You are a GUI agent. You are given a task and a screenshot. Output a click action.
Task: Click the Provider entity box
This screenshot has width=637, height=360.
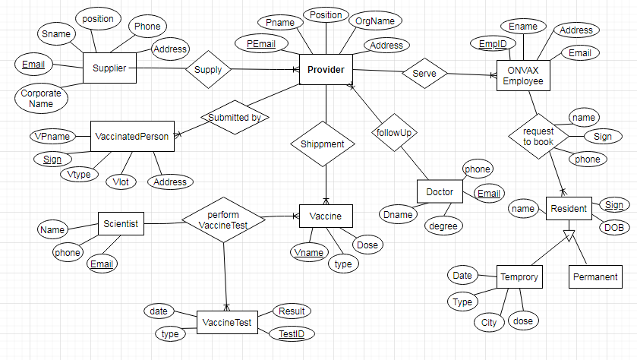326,70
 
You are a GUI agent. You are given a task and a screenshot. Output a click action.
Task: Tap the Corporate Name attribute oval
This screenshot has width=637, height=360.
41,99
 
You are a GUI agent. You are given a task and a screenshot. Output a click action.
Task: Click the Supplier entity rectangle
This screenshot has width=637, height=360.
109,68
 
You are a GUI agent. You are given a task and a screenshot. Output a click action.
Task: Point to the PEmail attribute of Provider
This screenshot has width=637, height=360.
261,44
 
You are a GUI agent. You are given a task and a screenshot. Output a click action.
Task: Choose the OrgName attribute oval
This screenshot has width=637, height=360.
370,21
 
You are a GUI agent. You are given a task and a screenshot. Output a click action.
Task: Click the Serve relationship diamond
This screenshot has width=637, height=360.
424,74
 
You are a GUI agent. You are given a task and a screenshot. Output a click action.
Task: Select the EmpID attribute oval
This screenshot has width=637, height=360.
493,45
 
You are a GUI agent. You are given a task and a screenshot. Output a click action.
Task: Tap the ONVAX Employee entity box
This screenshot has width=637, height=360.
523,75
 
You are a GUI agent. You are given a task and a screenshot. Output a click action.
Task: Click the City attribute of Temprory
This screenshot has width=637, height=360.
489,323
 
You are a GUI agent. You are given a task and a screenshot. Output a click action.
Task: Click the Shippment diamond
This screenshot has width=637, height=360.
322,144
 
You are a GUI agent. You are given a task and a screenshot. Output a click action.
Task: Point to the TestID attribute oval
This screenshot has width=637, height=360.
292,333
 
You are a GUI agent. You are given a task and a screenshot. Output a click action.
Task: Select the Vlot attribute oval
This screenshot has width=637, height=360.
121,182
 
